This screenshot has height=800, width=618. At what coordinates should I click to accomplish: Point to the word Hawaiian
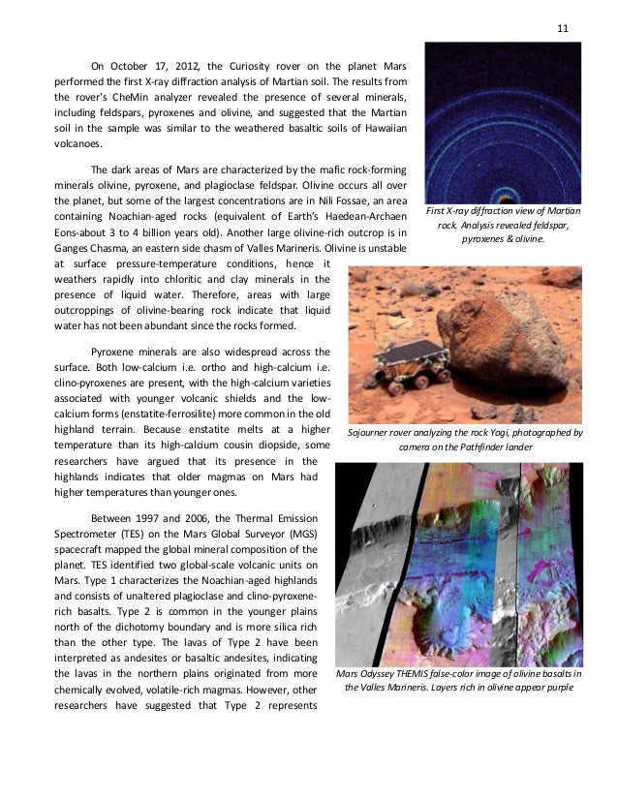(x=379, y=128)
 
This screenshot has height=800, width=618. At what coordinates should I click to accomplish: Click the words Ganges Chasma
(x=91, y=248)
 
